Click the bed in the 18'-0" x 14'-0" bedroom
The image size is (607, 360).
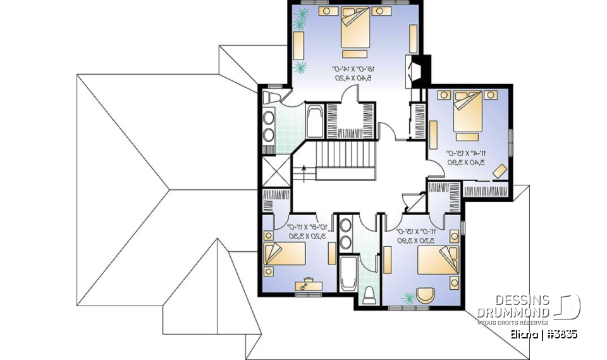[355, 28]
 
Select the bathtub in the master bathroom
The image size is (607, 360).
[314, 121]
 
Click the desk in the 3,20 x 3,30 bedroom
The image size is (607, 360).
[308, 285]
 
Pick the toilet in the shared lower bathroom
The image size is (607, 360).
[369, 296]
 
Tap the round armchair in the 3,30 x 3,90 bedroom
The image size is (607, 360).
[427, 295]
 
